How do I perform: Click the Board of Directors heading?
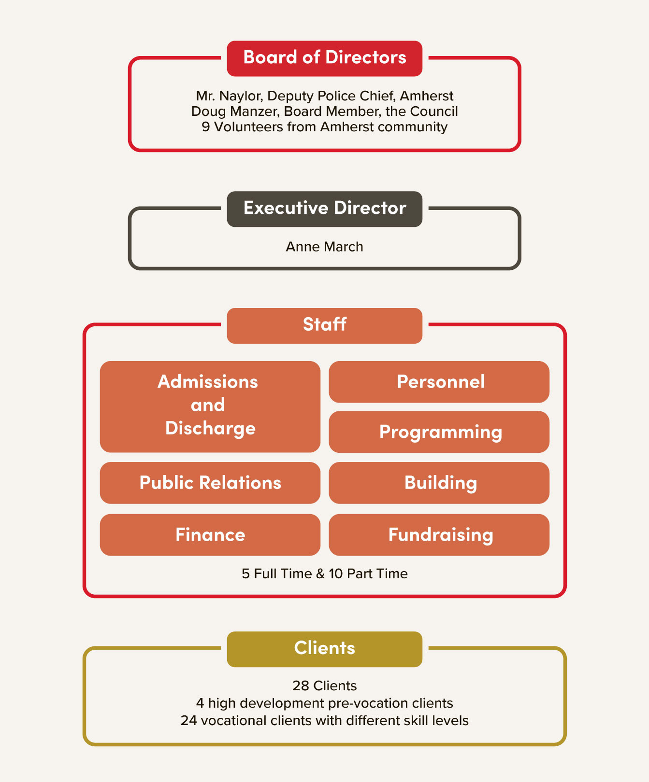(x=325, y=58)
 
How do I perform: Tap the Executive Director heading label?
(x=325, y=209)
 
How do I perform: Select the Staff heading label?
(x=325, y=325)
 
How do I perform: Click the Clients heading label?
(x=325, y=648)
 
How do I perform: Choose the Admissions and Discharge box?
(x=210, y=406)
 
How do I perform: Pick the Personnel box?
(x=439, y=382)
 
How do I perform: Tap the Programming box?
(x=439, y=432)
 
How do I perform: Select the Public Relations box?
(x=210, y=483)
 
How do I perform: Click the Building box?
(x=439, y=483)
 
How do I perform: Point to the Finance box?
(x=210, y=535)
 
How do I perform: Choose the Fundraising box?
(x=439, y=535)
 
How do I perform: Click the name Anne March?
(x=325, y=247)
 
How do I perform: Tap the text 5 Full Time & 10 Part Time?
(x=325, y=573)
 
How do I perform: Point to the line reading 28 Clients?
(x=325, y=685)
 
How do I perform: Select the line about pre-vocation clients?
(x=325, y=703)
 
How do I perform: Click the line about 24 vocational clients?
(x=325, y=720)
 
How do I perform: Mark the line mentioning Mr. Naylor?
(x=325, y=96)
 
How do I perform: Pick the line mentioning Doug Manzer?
(x=325, y=112)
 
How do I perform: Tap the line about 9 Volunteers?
(x=325, y=127)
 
